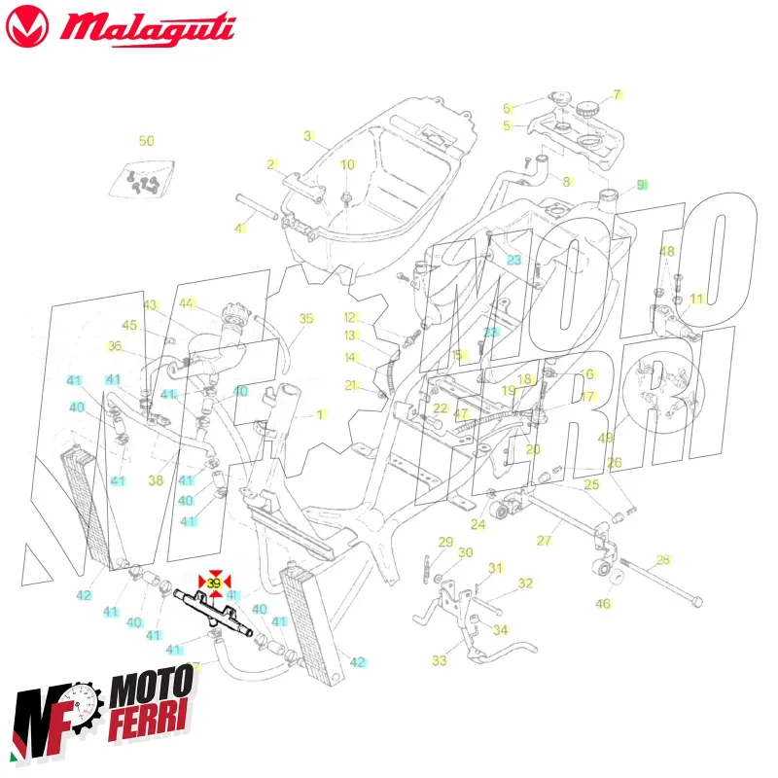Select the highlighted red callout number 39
click(215, 583)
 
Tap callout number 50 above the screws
click(146, 141)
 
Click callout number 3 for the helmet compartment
click(307, 136)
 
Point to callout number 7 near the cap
click(616, 95)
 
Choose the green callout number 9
click(641, 184)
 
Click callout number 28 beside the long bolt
click(663, 559)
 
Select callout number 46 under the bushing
click(603, 604)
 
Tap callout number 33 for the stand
click(440, 661)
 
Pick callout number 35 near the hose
click(306, 318)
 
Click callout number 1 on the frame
click(320, 414)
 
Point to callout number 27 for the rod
click(545, 540)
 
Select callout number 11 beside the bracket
click(696, 299)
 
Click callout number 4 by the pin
click(239, 229)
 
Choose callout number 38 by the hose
click(156, 479)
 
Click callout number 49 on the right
click(605, 438)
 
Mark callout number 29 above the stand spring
click(445, 542)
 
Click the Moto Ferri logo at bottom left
click(102, 715)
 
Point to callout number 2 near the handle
click(272, 164)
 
